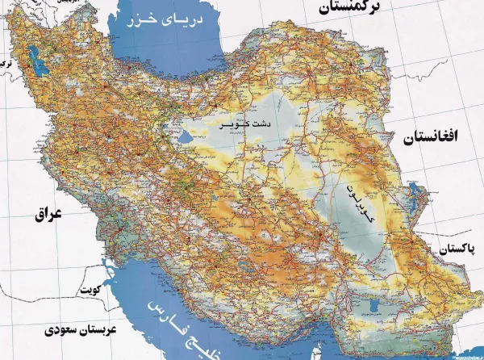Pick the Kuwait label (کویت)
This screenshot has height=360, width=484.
click(x=87, y=290)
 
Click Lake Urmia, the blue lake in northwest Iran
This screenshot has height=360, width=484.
click(x=33, y=61)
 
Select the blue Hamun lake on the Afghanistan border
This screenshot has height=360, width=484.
click(x=416, y=194)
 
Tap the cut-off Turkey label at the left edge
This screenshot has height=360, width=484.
click(x=6, y=61)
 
